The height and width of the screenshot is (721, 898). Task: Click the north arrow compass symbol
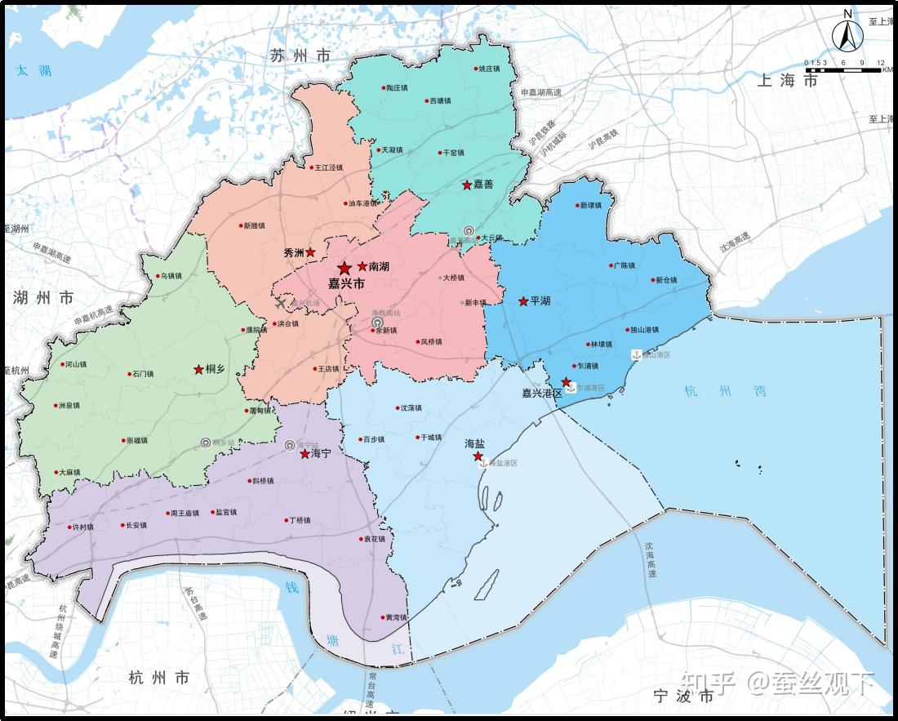(x=847, y=33)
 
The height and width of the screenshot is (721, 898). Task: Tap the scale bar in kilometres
(x=846, y=69)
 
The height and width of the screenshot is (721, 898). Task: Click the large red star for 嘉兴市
(x=345, y=268)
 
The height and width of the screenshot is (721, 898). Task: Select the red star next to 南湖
(x=362, y=266)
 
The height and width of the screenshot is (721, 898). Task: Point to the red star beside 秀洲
(x=310, y=252)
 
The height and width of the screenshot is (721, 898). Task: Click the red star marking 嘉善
(x=467, y=185)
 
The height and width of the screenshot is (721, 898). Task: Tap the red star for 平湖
(x=523, y=301)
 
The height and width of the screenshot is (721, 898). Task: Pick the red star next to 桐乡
(x=198, y=370)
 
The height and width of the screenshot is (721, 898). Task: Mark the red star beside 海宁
(x=305, y=454)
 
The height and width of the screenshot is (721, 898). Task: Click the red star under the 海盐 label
(x=478, y=456)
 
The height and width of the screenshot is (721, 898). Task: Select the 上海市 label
(x=787, y=80)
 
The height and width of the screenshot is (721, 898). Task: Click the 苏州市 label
(x=300, y=56)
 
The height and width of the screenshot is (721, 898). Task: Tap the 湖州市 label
(x=43, y=298)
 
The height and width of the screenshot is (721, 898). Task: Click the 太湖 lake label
(x=33, y=71)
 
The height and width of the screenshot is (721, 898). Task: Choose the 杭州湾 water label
(x=726, y=391)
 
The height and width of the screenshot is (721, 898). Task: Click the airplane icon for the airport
(x=282, y=304)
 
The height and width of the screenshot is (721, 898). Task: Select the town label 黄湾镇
(x=396, y=617)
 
